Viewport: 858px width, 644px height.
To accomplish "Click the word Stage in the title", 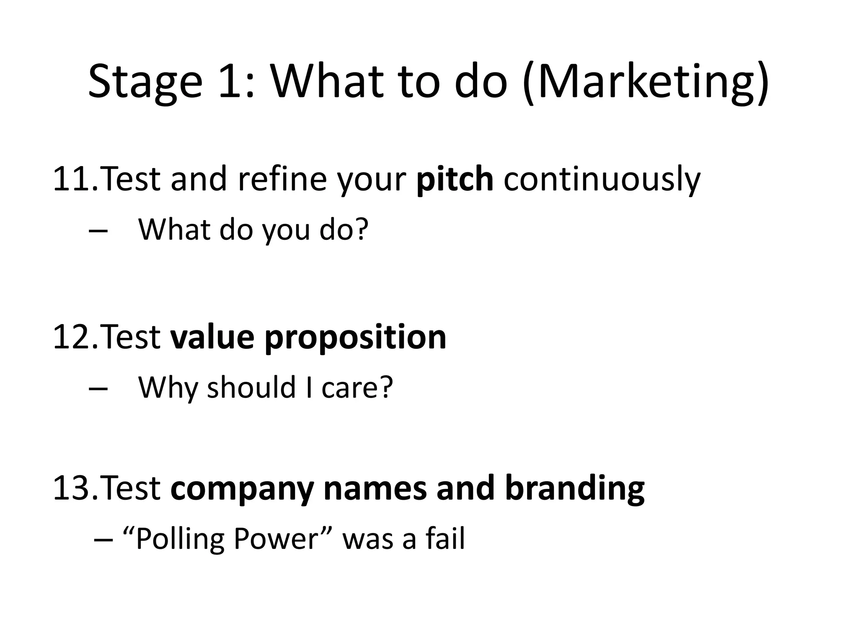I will tap(145, 82).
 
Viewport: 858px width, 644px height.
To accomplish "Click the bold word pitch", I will tap(455, 179).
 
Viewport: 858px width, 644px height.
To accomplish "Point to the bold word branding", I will tap(575, 489).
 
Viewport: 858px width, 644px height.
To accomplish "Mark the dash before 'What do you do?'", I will tap(98, 231).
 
